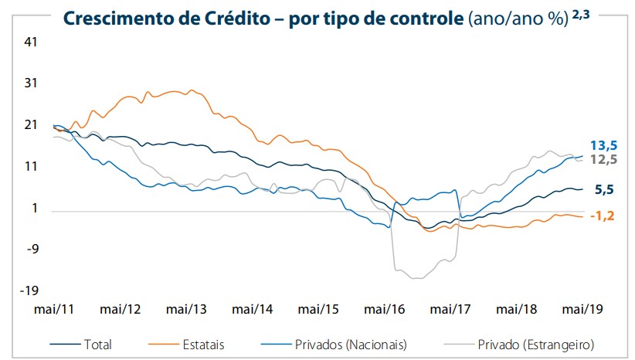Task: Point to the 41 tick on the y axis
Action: pos(32,43)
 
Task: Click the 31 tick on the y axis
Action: pos(32,83)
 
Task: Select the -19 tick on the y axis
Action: pos(29,290)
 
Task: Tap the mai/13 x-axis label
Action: pos(186,309)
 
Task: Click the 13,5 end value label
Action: pos(603,144)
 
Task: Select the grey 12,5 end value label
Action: pos(603,159)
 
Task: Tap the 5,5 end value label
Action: pos(605,188)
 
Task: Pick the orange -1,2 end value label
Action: pos(601,216)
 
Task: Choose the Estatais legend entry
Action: pos(202,343)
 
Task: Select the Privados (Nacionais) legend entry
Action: pos(350,343)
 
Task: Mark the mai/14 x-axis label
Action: pos(253,309)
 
